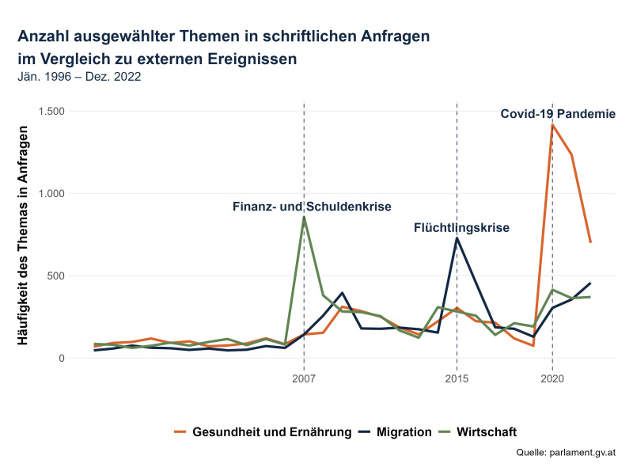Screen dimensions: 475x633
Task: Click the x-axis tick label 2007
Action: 304,378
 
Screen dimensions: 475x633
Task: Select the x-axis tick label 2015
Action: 457,378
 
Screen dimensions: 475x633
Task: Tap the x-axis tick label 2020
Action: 552,378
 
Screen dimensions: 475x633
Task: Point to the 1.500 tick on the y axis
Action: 51,111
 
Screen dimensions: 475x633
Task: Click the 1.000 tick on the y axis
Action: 51,193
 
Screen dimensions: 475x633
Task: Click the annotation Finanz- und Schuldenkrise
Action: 312,207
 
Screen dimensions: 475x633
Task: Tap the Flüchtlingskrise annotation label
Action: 461,228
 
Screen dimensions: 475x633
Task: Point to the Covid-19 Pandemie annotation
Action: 558,114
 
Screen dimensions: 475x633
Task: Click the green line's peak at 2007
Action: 304,217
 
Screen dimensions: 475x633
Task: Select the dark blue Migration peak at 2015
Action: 457,238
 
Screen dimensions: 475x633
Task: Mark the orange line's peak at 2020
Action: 552,124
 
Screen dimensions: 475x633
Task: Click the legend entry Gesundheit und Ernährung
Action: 263,431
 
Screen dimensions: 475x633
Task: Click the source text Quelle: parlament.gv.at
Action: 565,452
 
